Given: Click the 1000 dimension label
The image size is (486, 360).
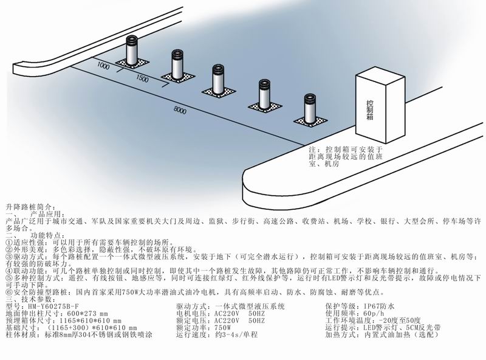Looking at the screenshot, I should (x=103, y=64).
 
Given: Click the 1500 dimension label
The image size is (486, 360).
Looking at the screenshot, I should (x=142, y=80).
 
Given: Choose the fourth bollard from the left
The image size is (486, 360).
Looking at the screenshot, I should (x=264, y=93).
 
